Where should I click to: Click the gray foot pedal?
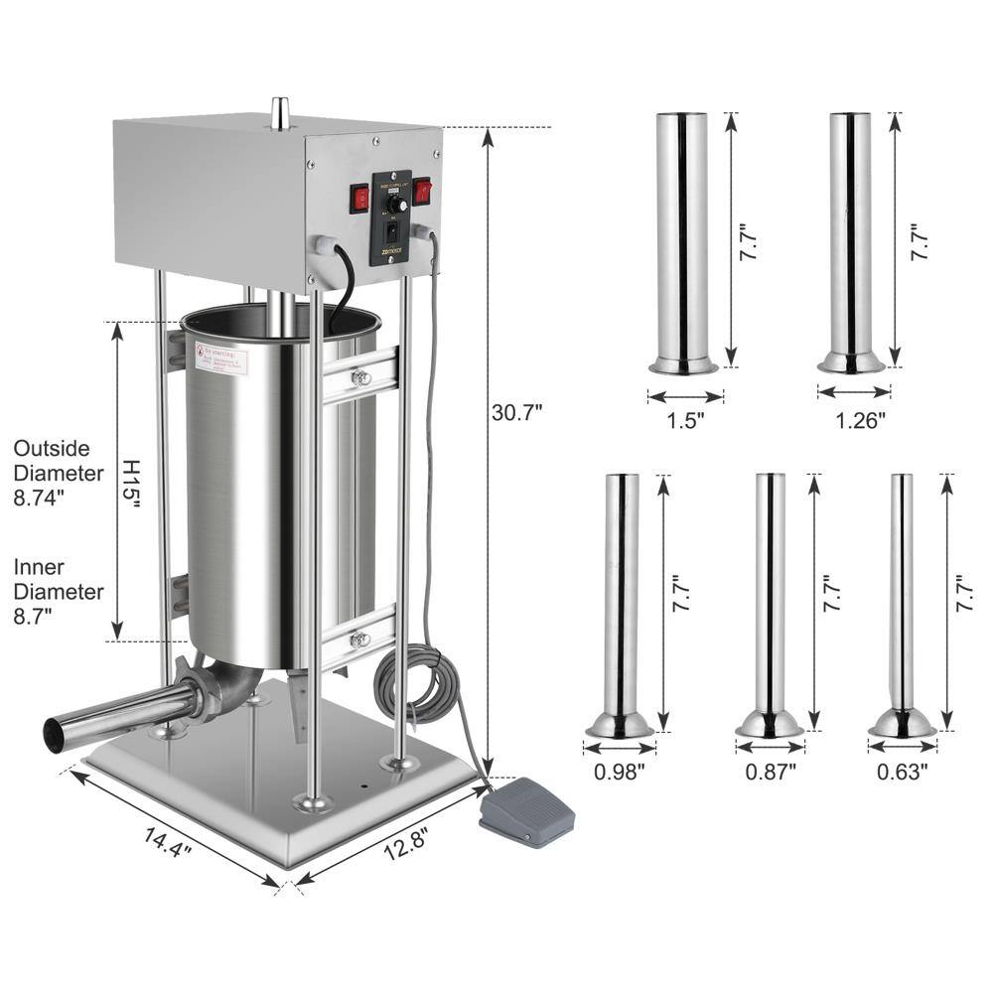[526, 812]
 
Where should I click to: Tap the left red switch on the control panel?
[358, 199]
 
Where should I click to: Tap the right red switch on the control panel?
[422, 191]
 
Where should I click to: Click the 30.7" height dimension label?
[517, 410]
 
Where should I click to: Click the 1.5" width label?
[685, 419]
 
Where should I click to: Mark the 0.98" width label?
[620, 769]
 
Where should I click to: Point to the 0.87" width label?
[770, 769]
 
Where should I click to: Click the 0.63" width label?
[903, 769]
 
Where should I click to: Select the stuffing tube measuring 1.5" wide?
[683, 238]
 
